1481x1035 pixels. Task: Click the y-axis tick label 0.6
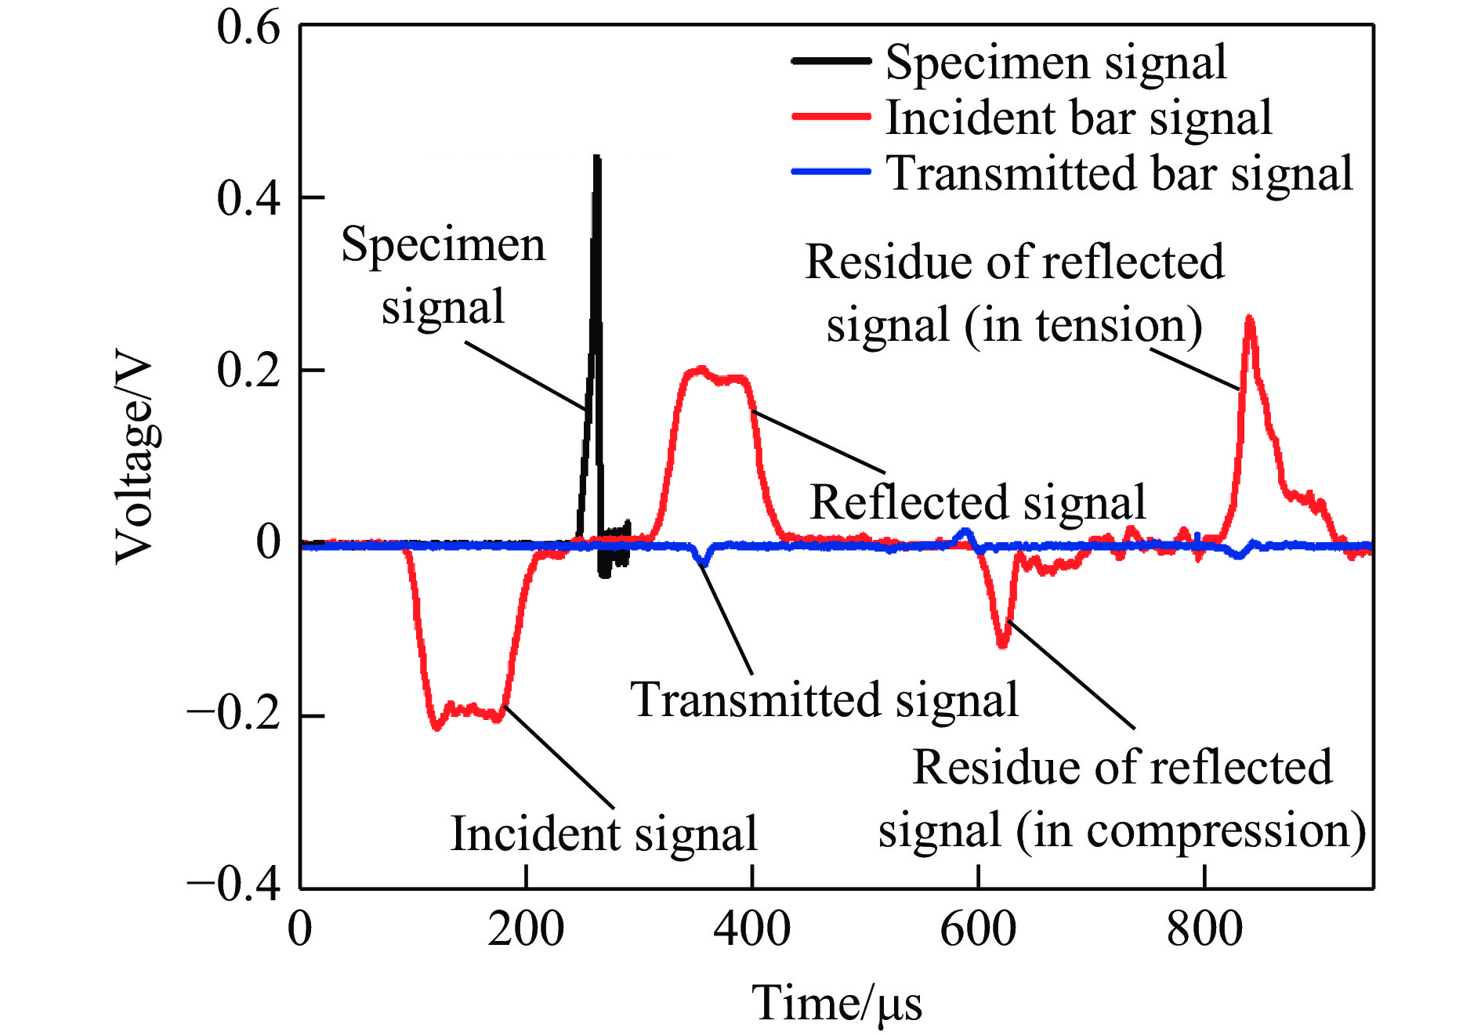[x=248, y=28]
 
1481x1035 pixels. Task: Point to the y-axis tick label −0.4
[x=234, y=885]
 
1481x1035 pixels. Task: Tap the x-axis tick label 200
[x=526, y=930]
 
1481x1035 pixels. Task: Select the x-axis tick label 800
[x=1204, y=930]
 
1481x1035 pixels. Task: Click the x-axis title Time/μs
[x=837, y=1004]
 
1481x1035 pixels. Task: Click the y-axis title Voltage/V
[x=135, y=458]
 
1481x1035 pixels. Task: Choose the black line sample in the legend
[x=831, y=61]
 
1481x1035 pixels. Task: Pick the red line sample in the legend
[x=831, y=117]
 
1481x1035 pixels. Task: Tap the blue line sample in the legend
[x=831, y=172]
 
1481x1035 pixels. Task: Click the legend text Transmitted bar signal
[x=1119, y=173]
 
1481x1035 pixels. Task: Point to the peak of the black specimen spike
[x=597, y=157]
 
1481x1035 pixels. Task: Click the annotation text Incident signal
[x=603, y=833]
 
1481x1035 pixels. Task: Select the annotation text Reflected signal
[x=978, y=502]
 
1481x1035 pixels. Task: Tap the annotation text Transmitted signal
[x=824, y=700]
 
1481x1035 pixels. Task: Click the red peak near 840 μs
[x=1249, y=319]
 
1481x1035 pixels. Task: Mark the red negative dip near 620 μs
[x=1003, y=645]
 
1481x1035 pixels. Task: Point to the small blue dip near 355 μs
[x=704, y=562]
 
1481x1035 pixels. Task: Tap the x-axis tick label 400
[x=752, y=930]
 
